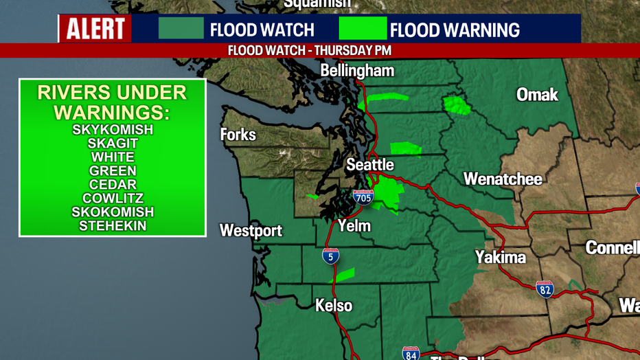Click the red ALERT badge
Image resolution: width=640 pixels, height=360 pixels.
tap(95, 30)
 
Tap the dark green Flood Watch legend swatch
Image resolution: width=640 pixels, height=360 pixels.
tap(181, 29)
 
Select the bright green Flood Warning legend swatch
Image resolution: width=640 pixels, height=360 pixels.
tap(363, 29)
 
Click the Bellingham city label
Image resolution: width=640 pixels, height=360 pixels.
tap(357, 71)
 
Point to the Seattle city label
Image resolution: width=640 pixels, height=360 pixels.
tap(369, 165)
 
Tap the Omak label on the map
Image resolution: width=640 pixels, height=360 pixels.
tap(537, 95)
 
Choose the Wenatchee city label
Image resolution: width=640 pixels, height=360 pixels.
tap(503, 179)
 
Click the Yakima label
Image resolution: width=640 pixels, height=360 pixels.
tap(500, 258)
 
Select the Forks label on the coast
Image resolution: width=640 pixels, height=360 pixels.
tap(238, 135)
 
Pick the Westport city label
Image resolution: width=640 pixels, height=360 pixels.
tap(251, 231)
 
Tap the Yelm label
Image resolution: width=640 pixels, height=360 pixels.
tap(354, 225)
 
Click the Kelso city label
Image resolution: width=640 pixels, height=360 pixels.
tap(334, 305)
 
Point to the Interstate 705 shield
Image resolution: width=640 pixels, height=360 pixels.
tap(363, 198)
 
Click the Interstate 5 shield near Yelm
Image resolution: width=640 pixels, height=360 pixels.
tap(330, 256)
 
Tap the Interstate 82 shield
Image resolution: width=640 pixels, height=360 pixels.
tap(545, 289)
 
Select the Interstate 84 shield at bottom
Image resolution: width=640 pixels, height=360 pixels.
tap(411, 353)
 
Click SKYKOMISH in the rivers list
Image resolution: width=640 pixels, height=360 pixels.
tap(113, 130)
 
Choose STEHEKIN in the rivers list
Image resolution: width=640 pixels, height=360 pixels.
tap(113, 226)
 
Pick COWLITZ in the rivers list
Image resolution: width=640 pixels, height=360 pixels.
tap(113, 199)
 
